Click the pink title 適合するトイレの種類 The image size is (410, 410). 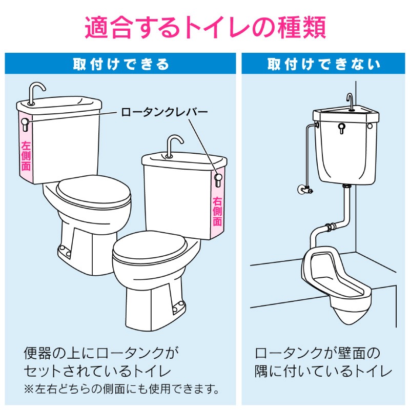click(x=206, y=28)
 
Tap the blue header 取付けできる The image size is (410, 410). click(x=121, y=64)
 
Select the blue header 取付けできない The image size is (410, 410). click(x=323, y=64)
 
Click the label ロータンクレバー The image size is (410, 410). click(x=164, y=112)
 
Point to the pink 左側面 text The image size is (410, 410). click(x=26, y=156)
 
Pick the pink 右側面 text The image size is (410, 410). click(x=217, y=211)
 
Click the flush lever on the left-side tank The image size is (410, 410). click(x=25, y=125)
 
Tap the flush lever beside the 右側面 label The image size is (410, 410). click(x=218, y=180)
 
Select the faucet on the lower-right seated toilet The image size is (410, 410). click(x=174, y=145)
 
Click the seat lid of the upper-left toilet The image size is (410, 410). click(x=94, y=192)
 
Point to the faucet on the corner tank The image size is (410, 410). click(x=350, y=101)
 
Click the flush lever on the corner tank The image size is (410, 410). click(x=341, y=128)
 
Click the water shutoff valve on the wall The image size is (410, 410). click(x=304, y=190)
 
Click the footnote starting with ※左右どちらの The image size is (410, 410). click(x=121, y=389)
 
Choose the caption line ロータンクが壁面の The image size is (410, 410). click(x=317, y=353)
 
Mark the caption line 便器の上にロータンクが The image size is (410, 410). click(x=101, y=353)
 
